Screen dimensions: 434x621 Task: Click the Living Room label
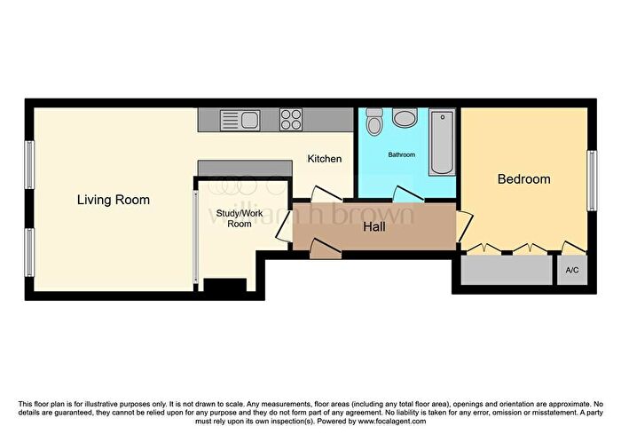[x=113, y=200]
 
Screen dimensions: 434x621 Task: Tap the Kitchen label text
[x=324, y=159]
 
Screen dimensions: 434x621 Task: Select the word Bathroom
[x=401, y=155]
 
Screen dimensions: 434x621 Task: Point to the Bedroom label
[x=523, y=179]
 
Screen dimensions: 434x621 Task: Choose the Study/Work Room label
[x=234, y=218]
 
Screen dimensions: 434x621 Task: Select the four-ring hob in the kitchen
[x=291, y=119]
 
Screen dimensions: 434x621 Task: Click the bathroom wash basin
[x=405, y=119]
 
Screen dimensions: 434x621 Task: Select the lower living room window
[x=28, y=252]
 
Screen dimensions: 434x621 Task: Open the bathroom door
[x=409, y=196]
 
